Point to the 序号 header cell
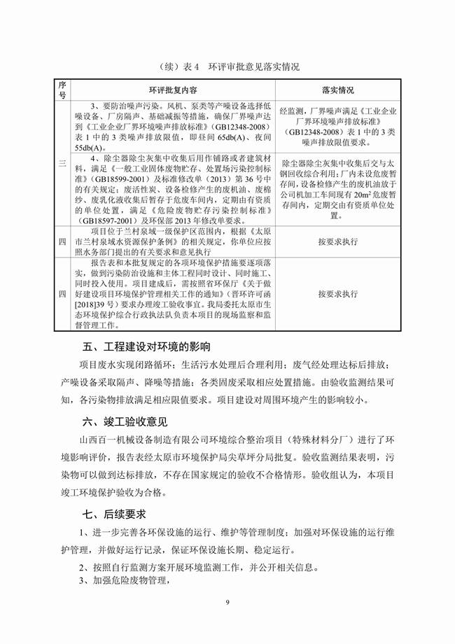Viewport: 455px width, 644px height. point(62,91)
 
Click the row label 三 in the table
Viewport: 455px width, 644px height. point(62,163)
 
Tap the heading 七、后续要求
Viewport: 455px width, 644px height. point(111,514)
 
